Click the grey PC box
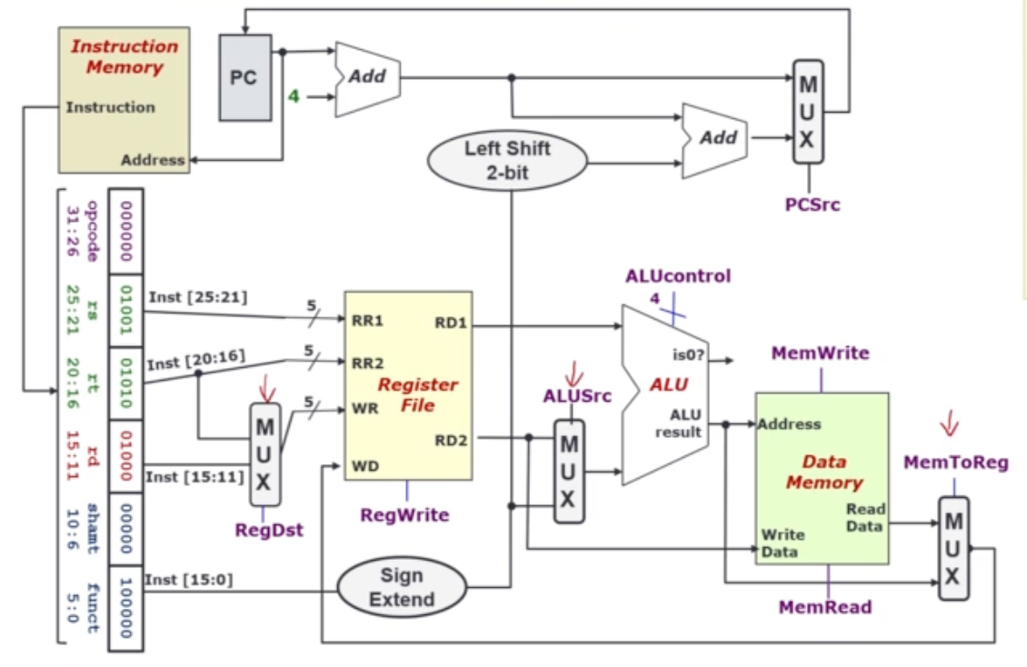point(244,77)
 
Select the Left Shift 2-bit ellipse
point(507,160)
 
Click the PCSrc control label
point(813,204)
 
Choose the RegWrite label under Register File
point(404,515)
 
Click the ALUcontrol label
point(677,276)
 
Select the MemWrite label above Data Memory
point(820,353)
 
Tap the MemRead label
point(825,606)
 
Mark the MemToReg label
point(955,463)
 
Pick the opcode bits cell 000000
point(126,230)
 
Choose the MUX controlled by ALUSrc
point(569,472)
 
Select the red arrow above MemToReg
point(949,423)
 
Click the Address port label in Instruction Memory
point(153,160)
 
